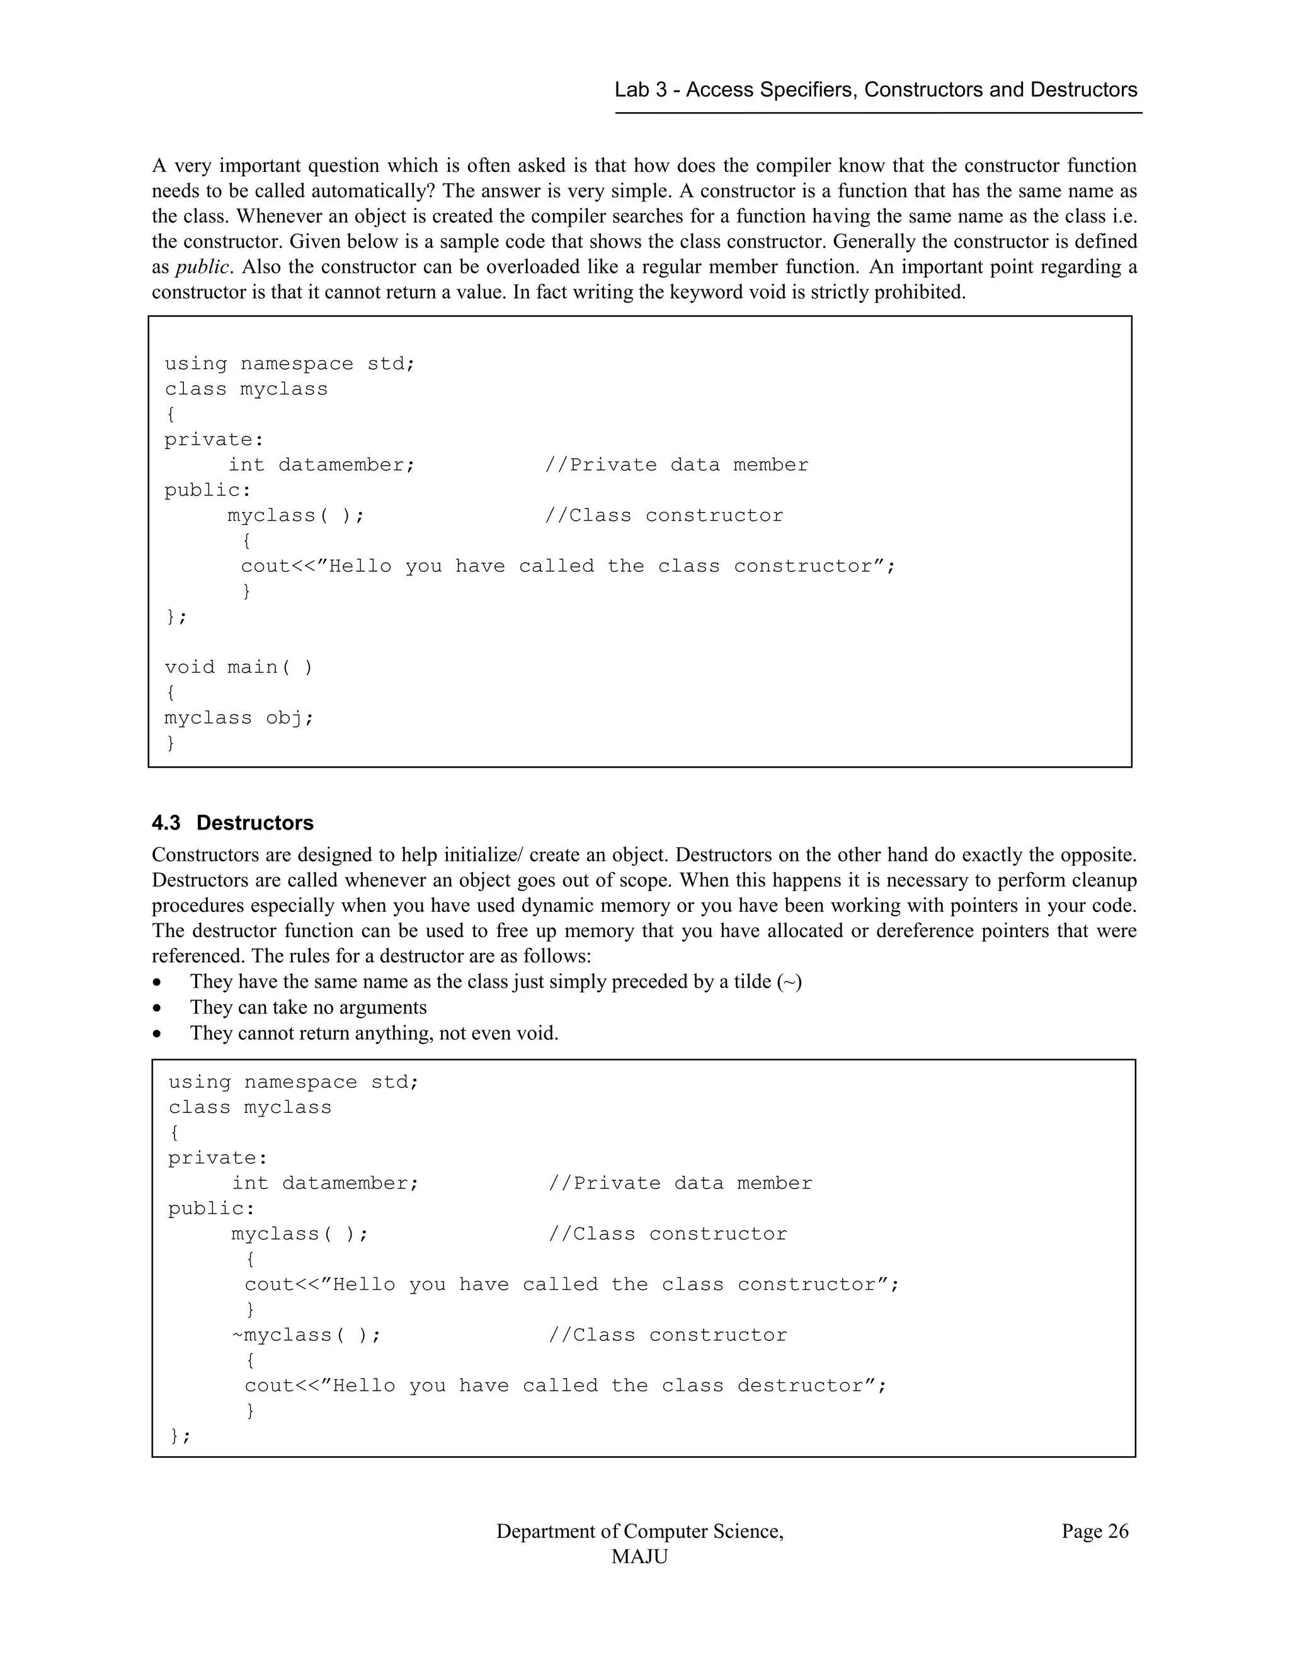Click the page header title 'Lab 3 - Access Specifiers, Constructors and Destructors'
[876, 90]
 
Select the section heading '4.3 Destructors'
[232, 823]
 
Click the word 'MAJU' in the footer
[640, 1557]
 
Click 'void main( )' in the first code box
[239, 667]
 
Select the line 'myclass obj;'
[239, 717]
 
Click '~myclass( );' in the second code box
[305, 1335]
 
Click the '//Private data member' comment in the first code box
[676, 465]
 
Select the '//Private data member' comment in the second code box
[680, 1183]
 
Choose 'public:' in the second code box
[212, 1208]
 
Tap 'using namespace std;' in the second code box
[294, 1082]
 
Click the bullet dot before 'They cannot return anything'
[157, 1034]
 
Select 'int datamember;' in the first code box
[322, 465]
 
